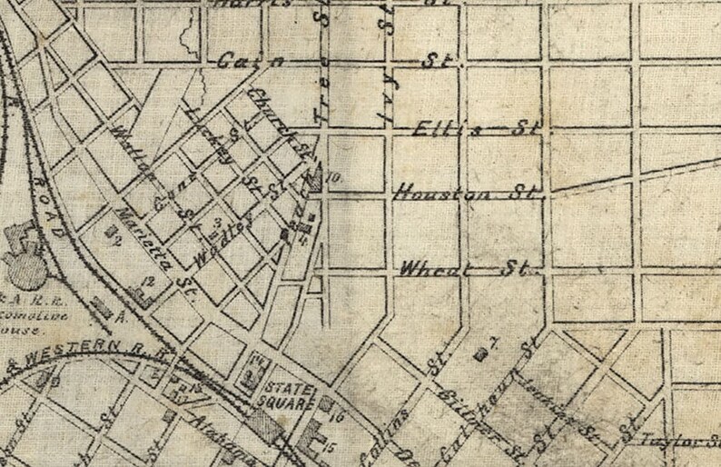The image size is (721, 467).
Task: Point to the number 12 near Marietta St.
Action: click(148, 283)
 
